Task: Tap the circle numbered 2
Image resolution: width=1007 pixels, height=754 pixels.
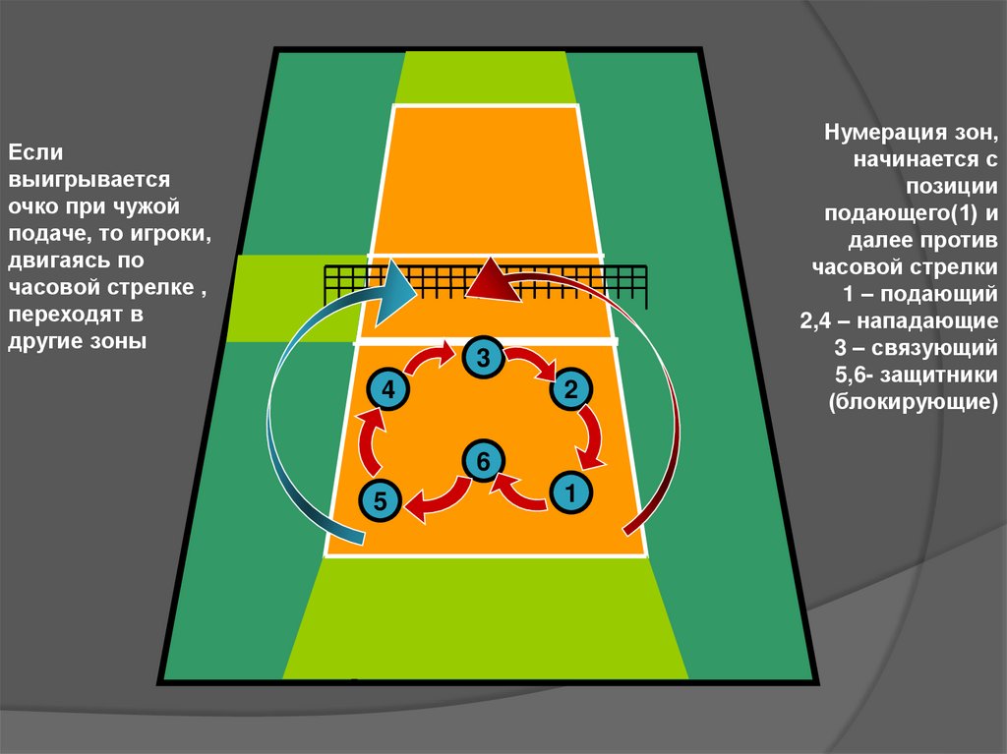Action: (x=570, y=391)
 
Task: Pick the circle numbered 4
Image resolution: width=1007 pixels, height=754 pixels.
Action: (x=389, y=391)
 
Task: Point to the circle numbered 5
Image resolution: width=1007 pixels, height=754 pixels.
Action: (x=381, y=501)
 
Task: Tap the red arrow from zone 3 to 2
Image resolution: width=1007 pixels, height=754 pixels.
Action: (x=532, y=363)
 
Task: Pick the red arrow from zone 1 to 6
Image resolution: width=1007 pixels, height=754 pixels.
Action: (x=519, y=492)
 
